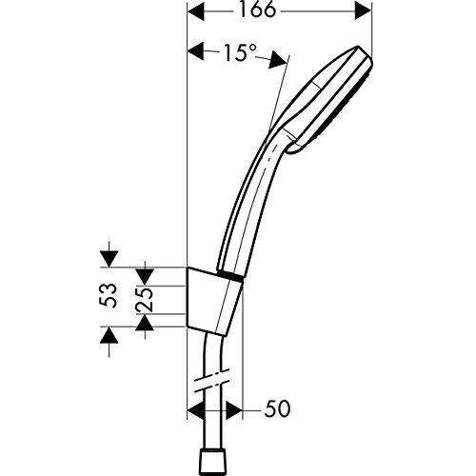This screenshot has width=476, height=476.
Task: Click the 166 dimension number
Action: [257, 10]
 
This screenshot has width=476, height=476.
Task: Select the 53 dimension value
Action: [109, 295]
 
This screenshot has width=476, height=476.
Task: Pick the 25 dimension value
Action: [145, 300]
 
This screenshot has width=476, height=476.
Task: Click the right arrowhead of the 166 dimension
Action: [363, 11]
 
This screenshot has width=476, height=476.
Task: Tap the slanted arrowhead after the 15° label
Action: [278, 59]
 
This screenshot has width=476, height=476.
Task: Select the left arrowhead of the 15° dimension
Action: [197, 50]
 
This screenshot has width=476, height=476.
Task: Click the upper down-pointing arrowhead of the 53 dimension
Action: [109, 259]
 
